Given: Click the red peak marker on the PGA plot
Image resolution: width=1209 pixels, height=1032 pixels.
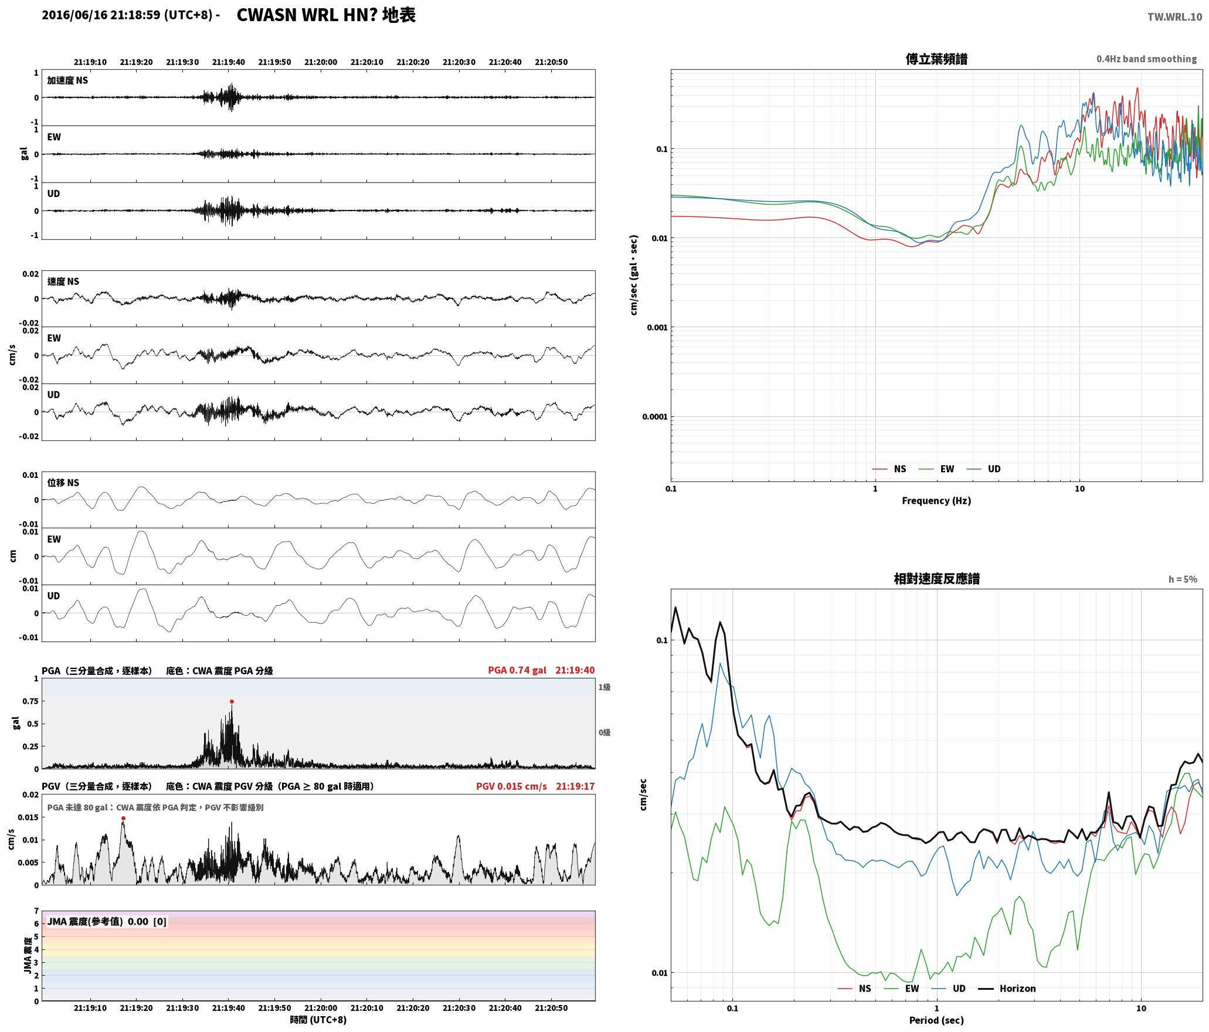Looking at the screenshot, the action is click(232, 701).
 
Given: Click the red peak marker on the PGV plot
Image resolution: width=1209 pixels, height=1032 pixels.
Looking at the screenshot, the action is click(123, 818).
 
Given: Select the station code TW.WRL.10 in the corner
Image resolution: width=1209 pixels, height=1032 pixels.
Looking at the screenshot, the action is click(1174, 17).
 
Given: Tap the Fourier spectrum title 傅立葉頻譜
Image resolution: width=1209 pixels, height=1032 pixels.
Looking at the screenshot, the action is click(936, 59).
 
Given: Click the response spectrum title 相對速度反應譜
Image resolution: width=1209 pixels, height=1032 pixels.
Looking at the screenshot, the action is click(936, 579).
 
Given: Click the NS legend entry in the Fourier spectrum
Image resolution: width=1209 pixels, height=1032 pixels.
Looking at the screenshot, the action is click(889, 469).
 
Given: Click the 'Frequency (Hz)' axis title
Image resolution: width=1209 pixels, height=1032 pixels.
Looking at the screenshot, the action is click(936, 501).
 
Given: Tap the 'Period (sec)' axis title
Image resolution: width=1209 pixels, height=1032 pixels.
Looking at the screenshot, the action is click(936, 1020).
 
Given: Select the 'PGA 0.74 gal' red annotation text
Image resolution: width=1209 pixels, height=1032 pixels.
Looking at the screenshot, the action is click(517, 670).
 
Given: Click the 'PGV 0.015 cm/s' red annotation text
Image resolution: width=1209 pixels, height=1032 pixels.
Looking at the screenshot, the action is click(511, 786).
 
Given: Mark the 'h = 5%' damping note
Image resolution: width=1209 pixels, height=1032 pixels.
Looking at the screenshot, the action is click(1183, 579).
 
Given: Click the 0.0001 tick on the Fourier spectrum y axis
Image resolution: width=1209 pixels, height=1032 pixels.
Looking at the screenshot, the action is click(655, 417).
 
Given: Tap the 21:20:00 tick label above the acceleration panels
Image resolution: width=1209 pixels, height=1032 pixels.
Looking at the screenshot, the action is click(321, 62).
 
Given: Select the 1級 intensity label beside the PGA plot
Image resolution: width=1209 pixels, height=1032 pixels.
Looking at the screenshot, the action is click(604, 687).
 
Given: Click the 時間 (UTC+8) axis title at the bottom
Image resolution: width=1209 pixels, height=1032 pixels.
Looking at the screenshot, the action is click(318, 1020).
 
